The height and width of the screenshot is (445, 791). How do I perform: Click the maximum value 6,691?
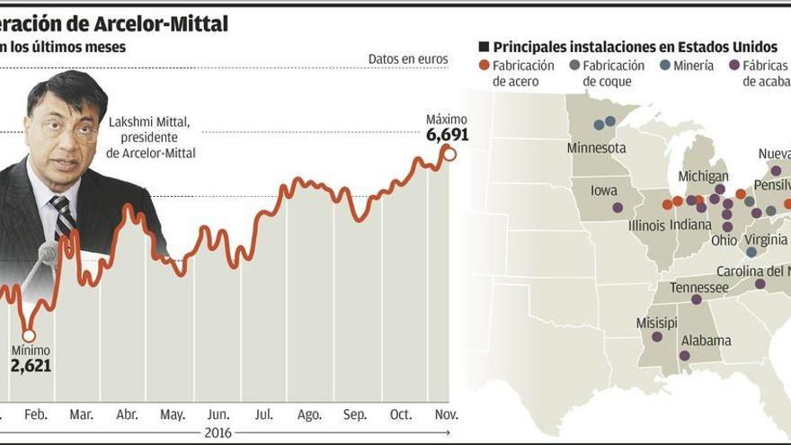point(447,135)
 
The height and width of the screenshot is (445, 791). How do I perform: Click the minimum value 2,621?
point(31,365)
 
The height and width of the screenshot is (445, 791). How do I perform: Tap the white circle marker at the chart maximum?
point(449,154)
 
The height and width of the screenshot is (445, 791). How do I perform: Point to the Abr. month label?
point(128,414)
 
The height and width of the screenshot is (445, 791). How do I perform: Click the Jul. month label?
point(264,414)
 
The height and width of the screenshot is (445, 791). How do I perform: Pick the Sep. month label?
point(355,414)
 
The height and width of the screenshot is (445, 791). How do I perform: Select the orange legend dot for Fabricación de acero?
point(484,65)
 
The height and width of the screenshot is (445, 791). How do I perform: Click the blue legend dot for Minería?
point(664,65)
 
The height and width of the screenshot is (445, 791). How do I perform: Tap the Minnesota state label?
point(596,147)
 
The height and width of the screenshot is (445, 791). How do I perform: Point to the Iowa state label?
point(603,191)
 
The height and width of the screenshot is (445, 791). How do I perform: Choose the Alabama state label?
point(706,341)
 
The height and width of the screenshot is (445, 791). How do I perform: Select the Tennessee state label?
point(698,288)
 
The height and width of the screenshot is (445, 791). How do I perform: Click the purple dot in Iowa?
point(618,208)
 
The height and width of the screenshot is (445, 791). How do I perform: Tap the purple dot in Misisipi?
point(657,337)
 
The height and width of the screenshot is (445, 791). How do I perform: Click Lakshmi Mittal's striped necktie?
point(63,217)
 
